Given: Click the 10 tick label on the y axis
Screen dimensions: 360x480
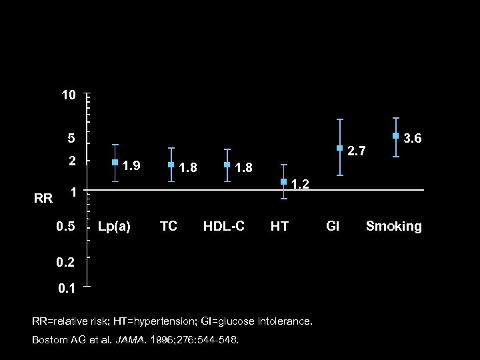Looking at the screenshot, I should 69,96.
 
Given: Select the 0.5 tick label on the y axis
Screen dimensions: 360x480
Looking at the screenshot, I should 65,227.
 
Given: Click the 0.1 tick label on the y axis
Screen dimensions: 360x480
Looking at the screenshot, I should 65,289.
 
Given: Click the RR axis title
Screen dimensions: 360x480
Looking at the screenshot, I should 43,198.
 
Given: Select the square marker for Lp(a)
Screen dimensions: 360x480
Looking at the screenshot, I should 115,162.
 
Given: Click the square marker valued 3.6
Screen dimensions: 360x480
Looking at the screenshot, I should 395,136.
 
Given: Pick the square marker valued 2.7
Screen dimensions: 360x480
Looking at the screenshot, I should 339,148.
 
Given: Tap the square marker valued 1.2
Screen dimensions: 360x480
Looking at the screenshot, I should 283,181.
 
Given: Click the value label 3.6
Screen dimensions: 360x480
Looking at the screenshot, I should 413,139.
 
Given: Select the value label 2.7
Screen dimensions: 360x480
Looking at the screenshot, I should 357,151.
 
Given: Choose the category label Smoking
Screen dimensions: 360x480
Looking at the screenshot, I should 393,227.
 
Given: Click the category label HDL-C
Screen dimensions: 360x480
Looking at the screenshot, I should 224,227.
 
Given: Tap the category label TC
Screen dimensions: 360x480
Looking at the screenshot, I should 169,227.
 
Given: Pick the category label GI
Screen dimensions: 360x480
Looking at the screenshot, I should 332,227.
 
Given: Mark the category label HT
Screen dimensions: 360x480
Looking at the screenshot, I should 279,227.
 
